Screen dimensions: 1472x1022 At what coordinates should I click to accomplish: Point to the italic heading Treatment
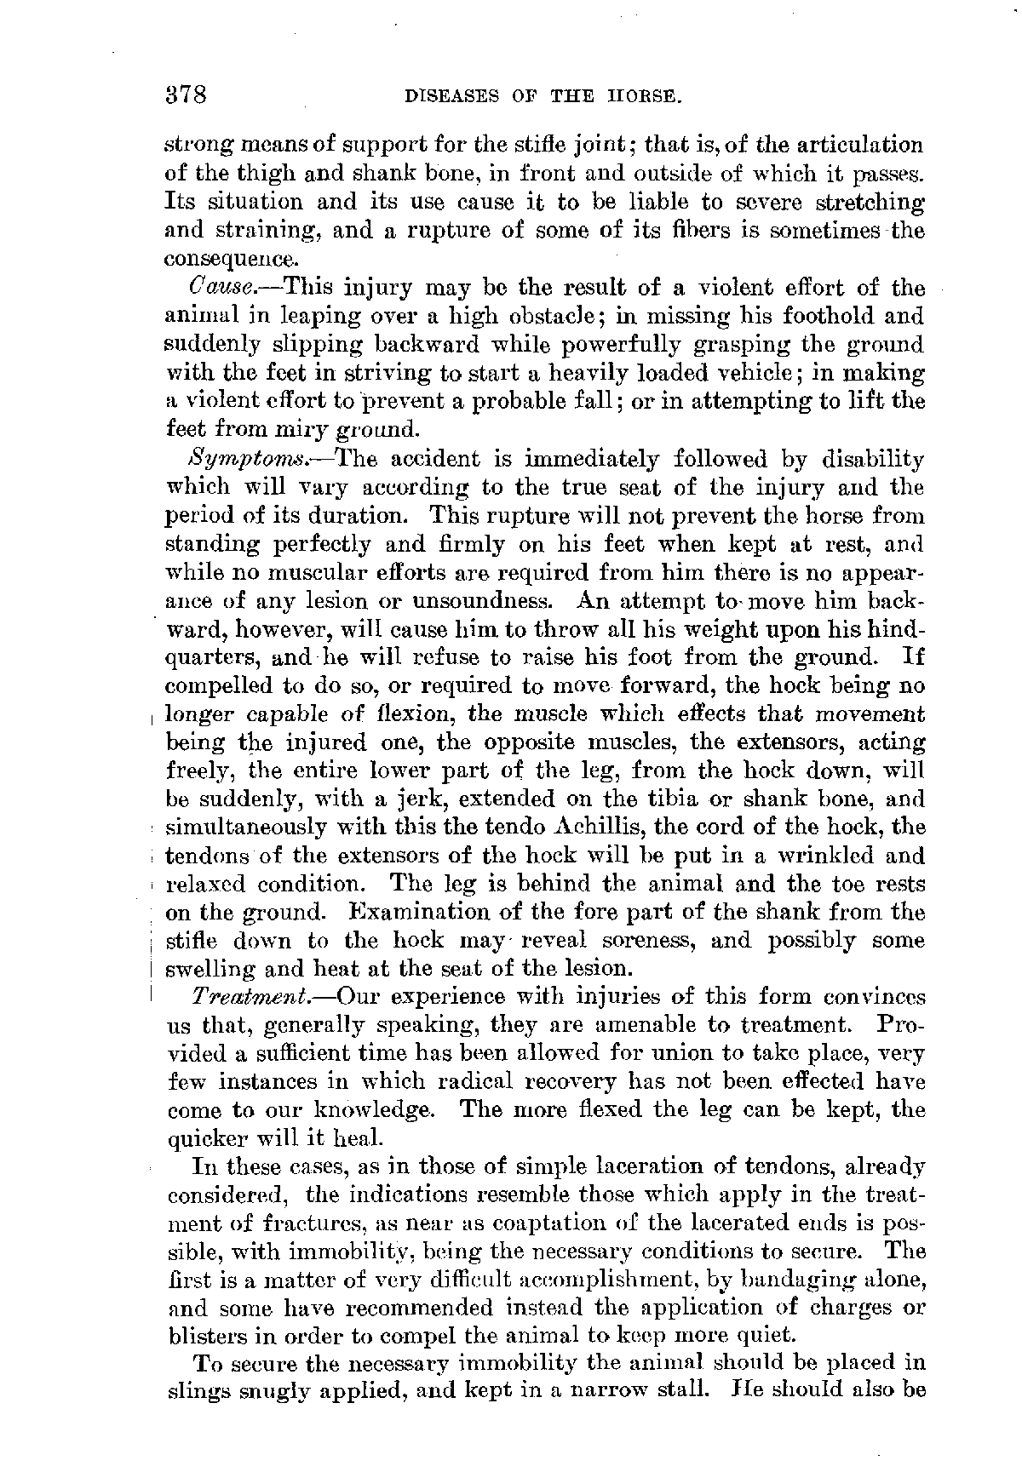click(x=243, y=996)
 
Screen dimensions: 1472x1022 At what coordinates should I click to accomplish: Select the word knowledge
click(x=382, y=1111)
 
